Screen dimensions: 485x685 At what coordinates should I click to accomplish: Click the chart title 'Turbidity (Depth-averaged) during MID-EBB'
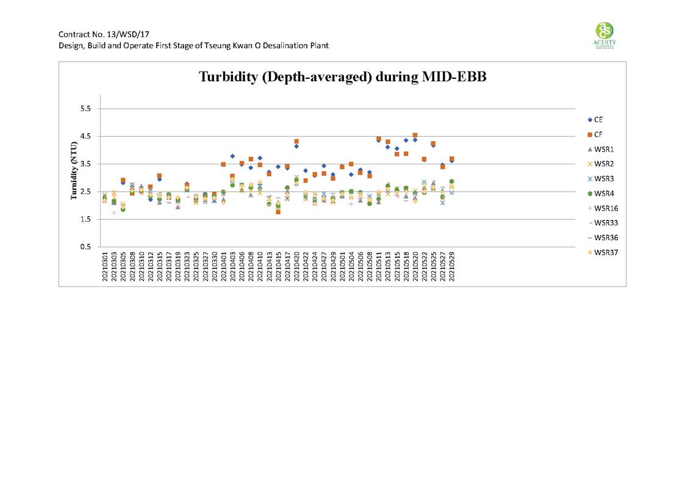pos(342,77)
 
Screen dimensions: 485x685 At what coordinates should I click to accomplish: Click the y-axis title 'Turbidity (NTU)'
pos(74,170)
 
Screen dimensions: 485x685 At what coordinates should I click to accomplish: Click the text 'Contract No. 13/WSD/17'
pos(95,34)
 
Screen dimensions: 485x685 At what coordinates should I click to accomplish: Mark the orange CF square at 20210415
pos(278,212)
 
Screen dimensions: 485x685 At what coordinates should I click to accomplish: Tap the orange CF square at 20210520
pos(415,136)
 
